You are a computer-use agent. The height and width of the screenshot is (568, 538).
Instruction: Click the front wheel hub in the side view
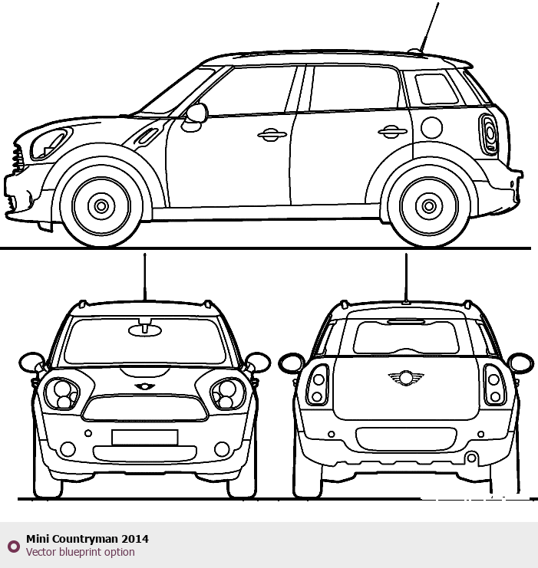[101, 206]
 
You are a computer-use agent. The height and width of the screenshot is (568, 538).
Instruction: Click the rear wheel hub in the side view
[429, 206]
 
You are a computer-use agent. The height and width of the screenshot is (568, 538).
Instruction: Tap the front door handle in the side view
[272, 135]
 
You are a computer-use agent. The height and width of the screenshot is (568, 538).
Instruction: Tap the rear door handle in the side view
[392, 132]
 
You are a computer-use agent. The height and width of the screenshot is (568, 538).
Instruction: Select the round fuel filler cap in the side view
[432, 127]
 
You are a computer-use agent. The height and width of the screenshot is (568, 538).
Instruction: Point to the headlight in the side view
[50, 144]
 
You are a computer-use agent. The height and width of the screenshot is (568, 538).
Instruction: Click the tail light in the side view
[489, 134]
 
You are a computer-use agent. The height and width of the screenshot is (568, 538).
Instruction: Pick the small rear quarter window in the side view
[437, 89]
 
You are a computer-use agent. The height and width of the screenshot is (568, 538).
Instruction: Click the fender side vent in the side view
[146, 136]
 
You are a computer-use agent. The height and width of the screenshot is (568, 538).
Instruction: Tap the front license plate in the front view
[145, 437]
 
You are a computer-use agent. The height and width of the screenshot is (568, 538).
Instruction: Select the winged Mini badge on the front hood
[145, 386]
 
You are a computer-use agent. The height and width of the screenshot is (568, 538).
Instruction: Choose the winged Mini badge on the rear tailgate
[405, 378]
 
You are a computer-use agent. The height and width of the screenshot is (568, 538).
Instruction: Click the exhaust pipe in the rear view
[471, 458]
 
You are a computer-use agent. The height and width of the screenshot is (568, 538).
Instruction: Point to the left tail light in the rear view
[318, 385]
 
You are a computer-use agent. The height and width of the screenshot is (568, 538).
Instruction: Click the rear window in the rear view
[405, 337]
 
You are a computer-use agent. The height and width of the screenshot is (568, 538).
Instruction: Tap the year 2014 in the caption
[135, 539]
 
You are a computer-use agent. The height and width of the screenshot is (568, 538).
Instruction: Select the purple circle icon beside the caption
[14, 547]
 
